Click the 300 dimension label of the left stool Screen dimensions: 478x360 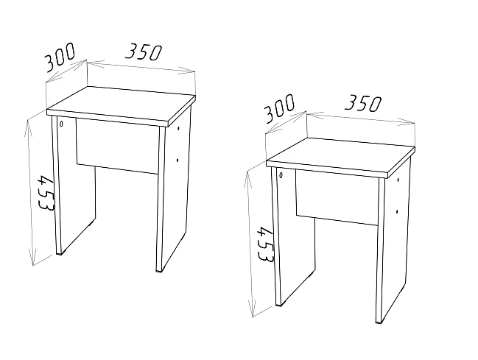click(x=60, y=57)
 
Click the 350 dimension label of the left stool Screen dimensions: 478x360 click(x=144, y=52)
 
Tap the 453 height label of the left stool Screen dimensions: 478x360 click(x=46, y=193)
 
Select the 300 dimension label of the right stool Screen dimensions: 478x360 click(x=280, y=108)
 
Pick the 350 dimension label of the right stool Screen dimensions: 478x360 click(x=363, y=103)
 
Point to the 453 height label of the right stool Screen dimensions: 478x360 click(x=265, y=244)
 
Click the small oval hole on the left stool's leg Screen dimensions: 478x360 click(x=61, y=124)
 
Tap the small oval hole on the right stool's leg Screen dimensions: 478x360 click(x=281, y=175)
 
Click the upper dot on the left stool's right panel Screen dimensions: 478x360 click(x=178, y=129)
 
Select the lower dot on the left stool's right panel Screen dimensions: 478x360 click(x=178, y=160)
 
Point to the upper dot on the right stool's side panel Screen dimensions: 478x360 click(x=398, y=180)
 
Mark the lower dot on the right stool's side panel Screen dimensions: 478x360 click(x=397, y=211)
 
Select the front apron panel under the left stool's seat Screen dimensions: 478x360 click(x=118, y=147)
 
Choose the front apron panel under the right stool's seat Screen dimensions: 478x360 click(x=337, y=197)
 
